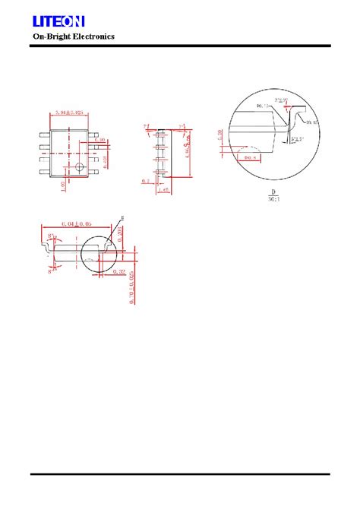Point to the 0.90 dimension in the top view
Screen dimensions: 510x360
(99, 141)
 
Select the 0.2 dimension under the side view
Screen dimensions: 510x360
(144, 181)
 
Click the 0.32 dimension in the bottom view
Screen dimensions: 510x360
(118, 271)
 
